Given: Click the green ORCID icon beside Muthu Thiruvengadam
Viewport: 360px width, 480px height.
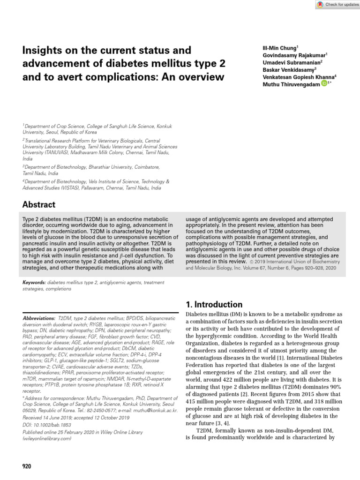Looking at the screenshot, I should point(324,83).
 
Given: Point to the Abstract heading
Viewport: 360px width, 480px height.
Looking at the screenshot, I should point(39,205).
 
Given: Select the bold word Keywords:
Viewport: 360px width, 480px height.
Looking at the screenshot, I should point(34,283).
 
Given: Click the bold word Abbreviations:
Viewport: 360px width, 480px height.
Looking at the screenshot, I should point(39,318).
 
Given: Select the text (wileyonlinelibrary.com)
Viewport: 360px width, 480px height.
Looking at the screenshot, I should point(47,439).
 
